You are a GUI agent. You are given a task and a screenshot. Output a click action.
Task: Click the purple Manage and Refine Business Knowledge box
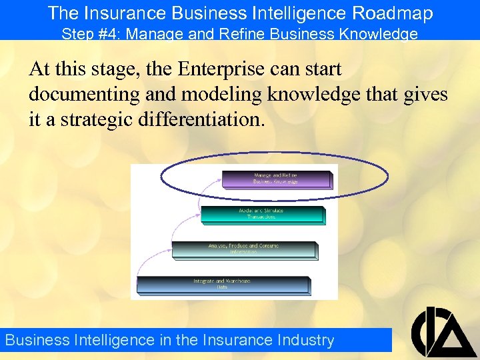276,179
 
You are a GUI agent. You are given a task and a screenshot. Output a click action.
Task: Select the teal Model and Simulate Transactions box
261,214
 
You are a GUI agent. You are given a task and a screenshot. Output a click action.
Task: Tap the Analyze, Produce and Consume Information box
243,249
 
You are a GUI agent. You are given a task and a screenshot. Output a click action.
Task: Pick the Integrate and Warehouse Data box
222,285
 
